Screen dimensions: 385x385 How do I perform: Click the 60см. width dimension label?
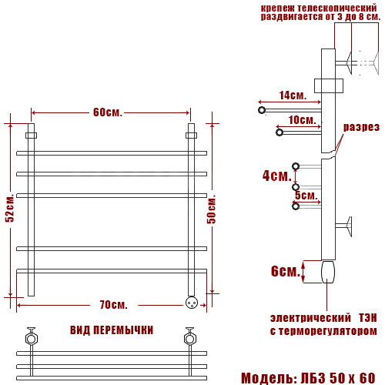[x=108, y=112]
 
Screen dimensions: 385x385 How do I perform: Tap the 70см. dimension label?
[x=114, y=305]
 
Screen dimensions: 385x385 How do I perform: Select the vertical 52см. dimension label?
[x=10, y=208]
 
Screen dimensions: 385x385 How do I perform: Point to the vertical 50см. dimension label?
[x=211, y=209]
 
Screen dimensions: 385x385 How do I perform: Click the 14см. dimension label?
[x=293, y=95]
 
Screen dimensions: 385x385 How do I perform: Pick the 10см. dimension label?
[x=302, y=120]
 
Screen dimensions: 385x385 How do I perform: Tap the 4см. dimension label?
[x=276, y=176]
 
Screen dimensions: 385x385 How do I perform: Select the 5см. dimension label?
[x=306, y=196]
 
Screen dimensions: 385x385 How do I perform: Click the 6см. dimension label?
[x=286, y=271]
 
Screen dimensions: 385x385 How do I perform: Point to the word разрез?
[x=361, y=127]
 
